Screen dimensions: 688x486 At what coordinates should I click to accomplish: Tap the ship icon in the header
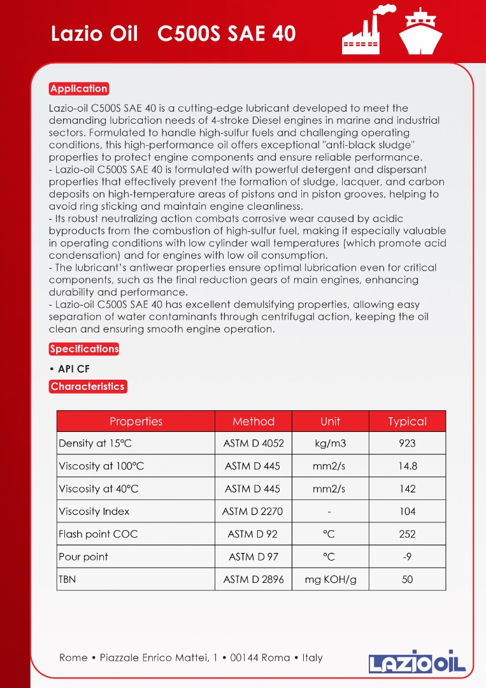click(420, 31)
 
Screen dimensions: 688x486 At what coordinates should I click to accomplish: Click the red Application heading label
click(79, 89)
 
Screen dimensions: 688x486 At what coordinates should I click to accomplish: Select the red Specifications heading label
click(84, 349)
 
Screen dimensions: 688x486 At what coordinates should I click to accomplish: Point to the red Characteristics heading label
click(88, 387)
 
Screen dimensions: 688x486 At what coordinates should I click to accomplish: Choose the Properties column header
click(136, 422)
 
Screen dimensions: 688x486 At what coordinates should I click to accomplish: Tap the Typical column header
click(407, 422)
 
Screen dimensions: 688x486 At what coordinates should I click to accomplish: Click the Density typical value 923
click(407, 443)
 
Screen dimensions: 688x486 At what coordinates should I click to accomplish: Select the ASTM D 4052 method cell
click(254, 443)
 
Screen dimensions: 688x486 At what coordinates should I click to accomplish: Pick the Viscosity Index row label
click(94, 512)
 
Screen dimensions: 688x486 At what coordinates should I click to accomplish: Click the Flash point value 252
click(407, 534)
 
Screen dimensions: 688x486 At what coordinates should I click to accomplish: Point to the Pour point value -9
click(407, 557)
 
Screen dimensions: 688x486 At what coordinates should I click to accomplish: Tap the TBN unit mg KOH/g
click(330, 580)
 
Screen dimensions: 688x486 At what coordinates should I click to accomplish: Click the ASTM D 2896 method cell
click(254, 580)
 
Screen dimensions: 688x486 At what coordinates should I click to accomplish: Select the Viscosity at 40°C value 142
click(407, 489)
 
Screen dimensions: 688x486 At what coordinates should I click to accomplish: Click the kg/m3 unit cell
click(330, 443)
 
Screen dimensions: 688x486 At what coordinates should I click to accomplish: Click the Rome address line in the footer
click(191, 657)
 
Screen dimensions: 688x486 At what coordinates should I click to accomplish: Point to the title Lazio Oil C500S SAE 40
click(173, 34)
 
